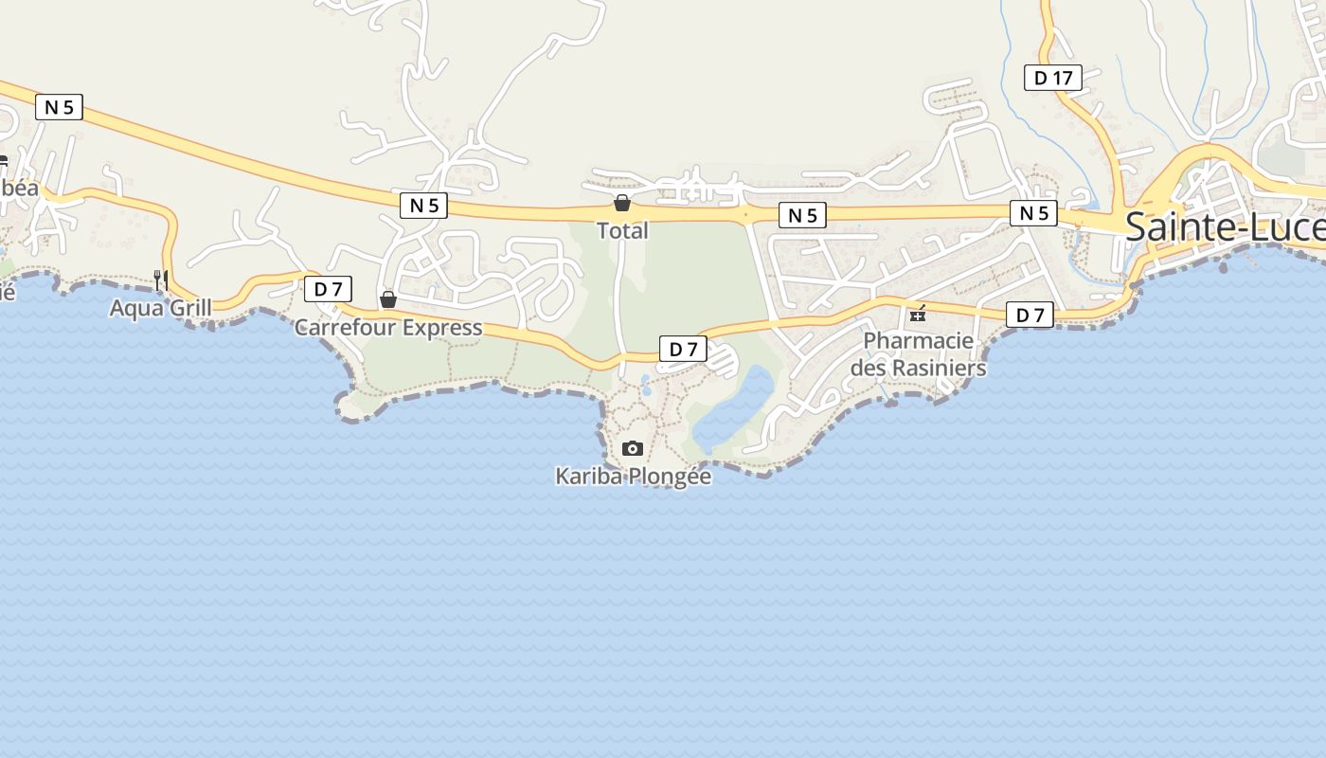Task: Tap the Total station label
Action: click(x=622, y=230)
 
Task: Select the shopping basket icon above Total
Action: click(x=622, y=203)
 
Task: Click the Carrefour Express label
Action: click(x=388, y=328)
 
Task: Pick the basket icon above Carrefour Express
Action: click(x=388, y=300)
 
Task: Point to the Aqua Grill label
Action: click(x=161, y=308)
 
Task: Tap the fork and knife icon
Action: click(x=161, y=280)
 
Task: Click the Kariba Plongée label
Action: click(x=633, y=477)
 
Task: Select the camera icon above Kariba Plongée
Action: click(x=633, y=448)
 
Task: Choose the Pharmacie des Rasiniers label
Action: click(x=918, y=353)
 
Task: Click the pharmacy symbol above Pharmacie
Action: click(x=917, y=314)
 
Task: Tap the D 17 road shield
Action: click(x=1053, y=78)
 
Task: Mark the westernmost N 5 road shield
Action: click(x=59, y=107)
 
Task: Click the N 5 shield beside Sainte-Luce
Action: click(x=1033, y=213)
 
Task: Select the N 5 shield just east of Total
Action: click(x=802, y=216)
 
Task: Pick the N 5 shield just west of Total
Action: click(x=423, y=206)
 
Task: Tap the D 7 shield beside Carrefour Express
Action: click(x=328, y=289)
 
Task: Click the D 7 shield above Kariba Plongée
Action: click(x=683, y=349)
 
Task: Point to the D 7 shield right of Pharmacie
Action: click(x=1030, y=315)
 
